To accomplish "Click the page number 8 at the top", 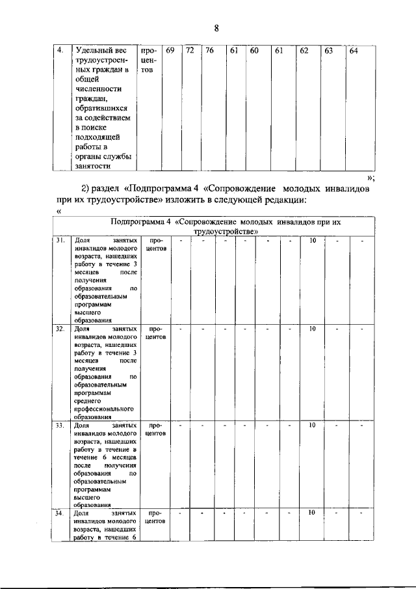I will coord(216,27).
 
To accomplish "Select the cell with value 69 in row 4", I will coord(170,51).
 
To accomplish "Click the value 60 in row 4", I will coord(255,51).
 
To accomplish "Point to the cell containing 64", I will coord(353,51).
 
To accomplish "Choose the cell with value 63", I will coord(329,51).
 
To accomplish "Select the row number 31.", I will coord(60,241).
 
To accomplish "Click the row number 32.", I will coord(60,329).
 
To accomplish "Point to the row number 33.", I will coord(60,425).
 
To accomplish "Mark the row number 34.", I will coord(60,513).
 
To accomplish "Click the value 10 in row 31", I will coord(312,241).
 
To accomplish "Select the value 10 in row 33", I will coord(312,425).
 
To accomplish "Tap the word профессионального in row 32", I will coord(105,407).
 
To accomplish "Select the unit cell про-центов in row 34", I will coord(156,517).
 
